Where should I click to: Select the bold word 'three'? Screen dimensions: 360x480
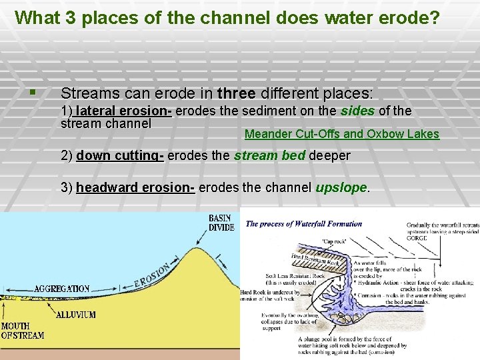point(236,93)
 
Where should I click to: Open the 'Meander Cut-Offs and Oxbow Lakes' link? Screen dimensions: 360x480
point(341,134)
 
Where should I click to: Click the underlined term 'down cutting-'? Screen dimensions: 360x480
point(120,156)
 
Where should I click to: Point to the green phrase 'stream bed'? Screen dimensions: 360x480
point(263,156)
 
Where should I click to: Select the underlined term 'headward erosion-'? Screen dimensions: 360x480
point(135,187)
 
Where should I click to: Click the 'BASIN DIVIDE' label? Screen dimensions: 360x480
point(222,223)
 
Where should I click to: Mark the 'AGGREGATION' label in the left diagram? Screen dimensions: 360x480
point(61,289)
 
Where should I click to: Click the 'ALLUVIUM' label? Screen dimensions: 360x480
point(75,314)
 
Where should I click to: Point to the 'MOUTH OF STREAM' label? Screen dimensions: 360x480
point(22,331)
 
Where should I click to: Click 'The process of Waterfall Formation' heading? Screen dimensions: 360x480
point(304,224)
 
